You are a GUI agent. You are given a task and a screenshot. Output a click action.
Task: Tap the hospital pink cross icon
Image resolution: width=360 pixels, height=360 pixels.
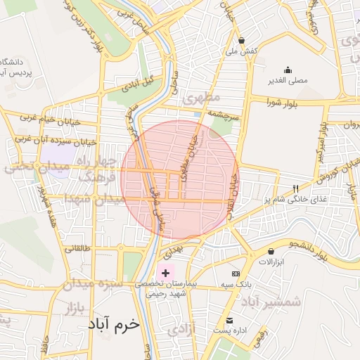click(165, 273)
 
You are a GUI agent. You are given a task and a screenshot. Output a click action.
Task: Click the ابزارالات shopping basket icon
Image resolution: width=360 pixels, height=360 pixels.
click(271, 251)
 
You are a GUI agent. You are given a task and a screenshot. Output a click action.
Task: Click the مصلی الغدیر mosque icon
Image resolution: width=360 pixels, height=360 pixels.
click(288, 70)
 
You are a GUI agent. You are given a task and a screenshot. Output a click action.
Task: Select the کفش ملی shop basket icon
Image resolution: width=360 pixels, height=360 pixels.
click(242, 40)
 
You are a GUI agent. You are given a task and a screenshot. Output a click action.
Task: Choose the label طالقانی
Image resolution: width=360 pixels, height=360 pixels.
click(78, 248)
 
